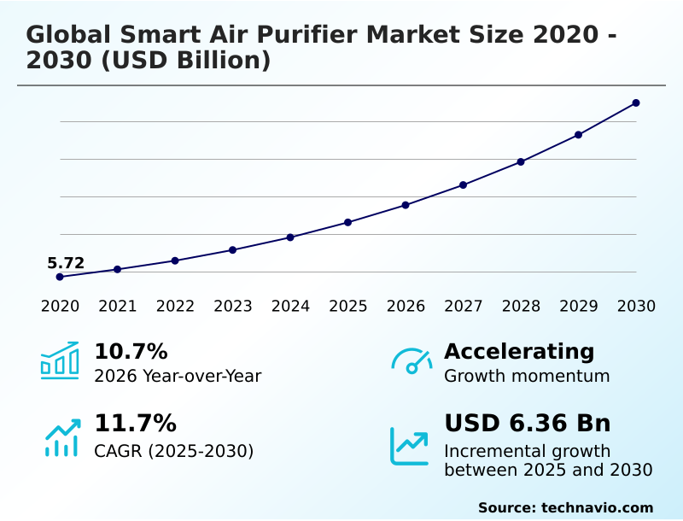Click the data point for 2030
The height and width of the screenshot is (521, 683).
coord(636,103)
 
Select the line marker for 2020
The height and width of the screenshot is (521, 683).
coord(60,277)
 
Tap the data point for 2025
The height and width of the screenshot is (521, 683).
coord(348,222)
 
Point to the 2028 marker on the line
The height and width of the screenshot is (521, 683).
coord(521,161)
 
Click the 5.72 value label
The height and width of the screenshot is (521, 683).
coord(66,263)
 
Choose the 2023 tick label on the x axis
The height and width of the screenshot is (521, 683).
coord(233,307)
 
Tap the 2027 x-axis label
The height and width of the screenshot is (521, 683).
coord(464,307)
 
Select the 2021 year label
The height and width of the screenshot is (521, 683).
coord(118,307)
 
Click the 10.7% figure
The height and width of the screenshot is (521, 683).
coord(131,352)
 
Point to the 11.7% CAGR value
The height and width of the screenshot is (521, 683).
coord(135,424)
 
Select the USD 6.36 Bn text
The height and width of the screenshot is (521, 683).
coord(528,424)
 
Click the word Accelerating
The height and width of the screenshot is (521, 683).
coord(519,352)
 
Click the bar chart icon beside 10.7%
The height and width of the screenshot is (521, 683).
coord(60,360)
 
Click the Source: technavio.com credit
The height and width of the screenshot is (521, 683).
coord(565,507)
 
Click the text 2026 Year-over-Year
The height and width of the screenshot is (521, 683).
coord(178,376)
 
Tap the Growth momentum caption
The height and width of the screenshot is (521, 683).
coord(527,376)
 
